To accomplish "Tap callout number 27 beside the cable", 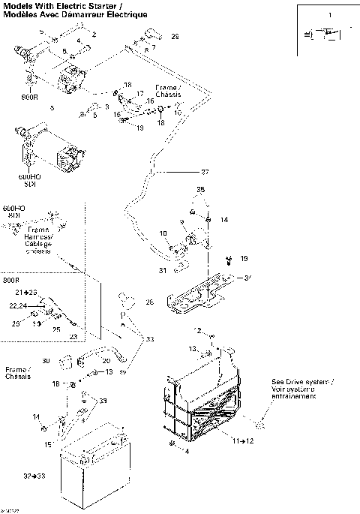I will point(205,172).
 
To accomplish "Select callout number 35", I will point(200,191).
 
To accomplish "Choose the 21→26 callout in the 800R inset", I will point(25,292).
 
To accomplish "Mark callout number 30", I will point(44,361).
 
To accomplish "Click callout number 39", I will point(103,400).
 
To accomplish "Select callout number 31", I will point(162,270).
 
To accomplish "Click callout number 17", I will point(139,94).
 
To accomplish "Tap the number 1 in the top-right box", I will point(327,15).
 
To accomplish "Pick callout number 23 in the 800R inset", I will point(73,336).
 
